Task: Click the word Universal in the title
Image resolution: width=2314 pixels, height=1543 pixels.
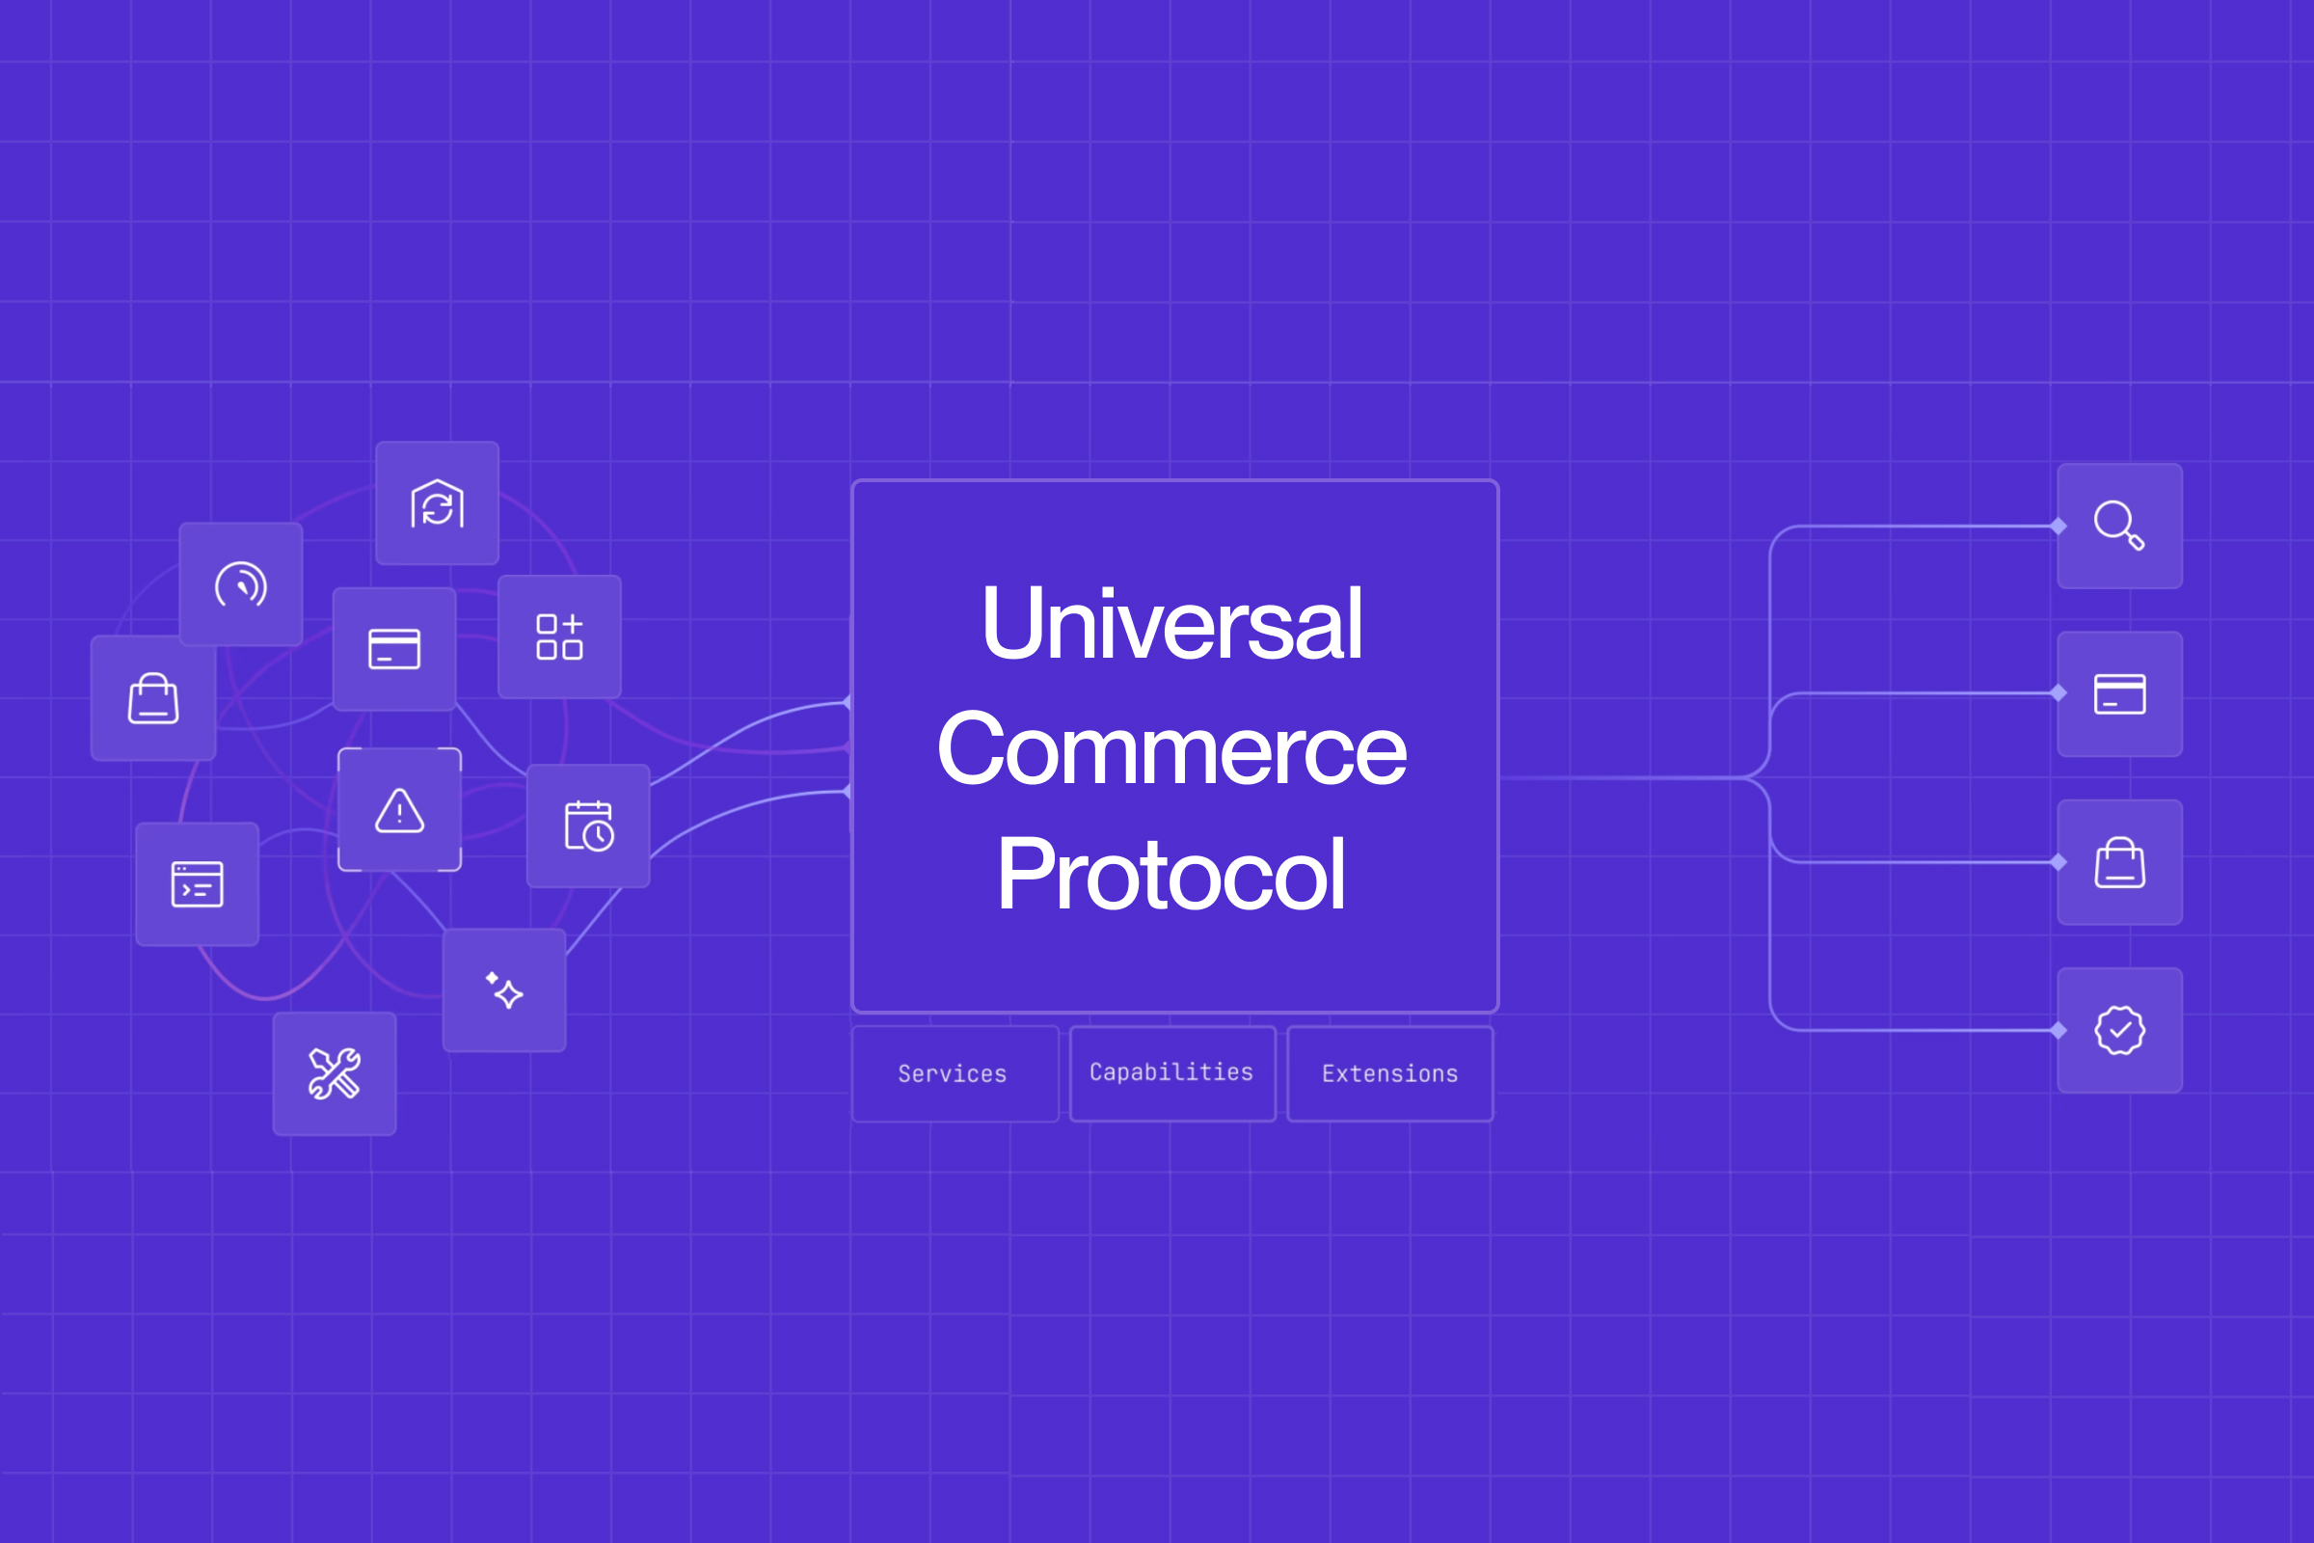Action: [x=1170, y=624]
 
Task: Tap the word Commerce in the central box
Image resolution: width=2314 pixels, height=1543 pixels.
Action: [x=1170, y=750]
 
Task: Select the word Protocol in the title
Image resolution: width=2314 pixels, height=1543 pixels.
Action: [x=1170, y=874]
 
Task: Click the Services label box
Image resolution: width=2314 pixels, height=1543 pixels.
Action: [x=953, y=1073]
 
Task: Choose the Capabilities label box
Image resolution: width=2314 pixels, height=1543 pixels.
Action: [x=1170, y=1072]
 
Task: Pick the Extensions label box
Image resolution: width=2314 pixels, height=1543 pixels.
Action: [x=1389, y=1073]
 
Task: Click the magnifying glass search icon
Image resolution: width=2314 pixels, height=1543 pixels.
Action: [x=2119, y=526]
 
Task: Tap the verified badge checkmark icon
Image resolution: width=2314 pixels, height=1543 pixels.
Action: [x=2119, y=1030]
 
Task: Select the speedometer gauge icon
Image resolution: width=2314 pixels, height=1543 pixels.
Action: [x=240, y=584]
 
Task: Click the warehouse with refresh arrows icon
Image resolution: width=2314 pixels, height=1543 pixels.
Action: [x=437, y=502]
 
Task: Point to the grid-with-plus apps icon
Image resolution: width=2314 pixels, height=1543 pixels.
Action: [x=559, y=636]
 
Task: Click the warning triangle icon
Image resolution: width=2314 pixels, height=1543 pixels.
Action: [x=399, y=810]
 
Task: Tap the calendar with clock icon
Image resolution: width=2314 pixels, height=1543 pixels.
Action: [x=588, y=826]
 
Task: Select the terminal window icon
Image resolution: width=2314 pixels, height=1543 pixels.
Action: [x=197, y=883]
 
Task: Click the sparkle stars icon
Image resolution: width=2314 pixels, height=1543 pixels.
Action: [x=503, y=990]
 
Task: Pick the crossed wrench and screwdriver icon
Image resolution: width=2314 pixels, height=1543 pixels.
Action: [x=335, y=1073]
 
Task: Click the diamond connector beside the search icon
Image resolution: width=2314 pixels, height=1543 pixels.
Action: [x=2058, y=527]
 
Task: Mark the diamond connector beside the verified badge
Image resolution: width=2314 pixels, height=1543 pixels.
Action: [x=2058, y=1030]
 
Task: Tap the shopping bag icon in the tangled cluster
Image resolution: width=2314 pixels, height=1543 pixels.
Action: [x=153, y=697]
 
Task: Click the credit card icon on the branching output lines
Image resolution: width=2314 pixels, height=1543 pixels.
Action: [x=2119, y=693]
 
